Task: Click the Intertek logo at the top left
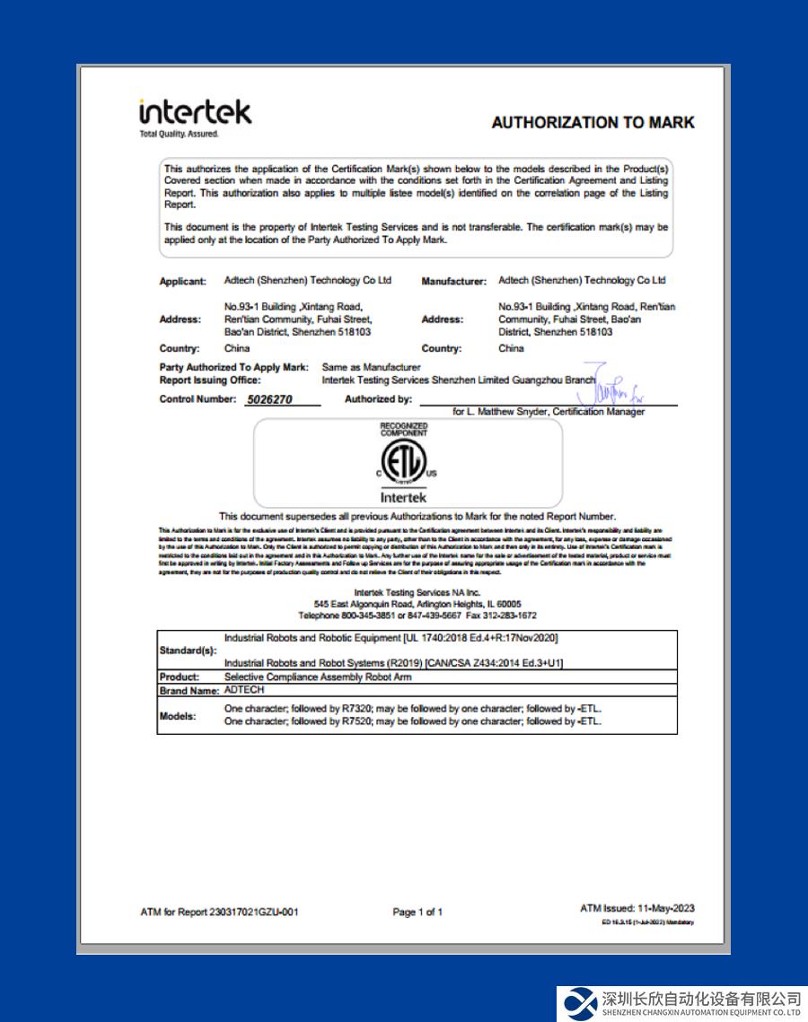[195, 113]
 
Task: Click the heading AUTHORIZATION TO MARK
[593, 122]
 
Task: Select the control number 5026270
[269, 399]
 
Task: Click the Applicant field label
[182, 281]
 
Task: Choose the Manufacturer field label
[453, 281]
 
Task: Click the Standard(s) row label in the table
[188, 650]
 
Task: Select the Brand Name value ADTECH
[245, 690]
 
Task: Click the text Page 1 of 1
[417, 912]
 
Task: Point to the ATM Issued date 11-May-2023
[666, 908]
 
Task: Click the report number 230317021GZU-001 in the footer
[253, 912]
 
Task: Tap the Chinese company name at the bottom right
[701, 998]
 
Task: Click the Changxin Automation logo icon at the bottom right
[579, 1003]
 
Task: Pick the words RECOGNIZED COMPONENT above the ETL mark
[403, 429]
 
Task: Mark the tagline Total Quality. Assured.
[179, 135]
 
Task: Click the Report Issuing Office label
[210, 380]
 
